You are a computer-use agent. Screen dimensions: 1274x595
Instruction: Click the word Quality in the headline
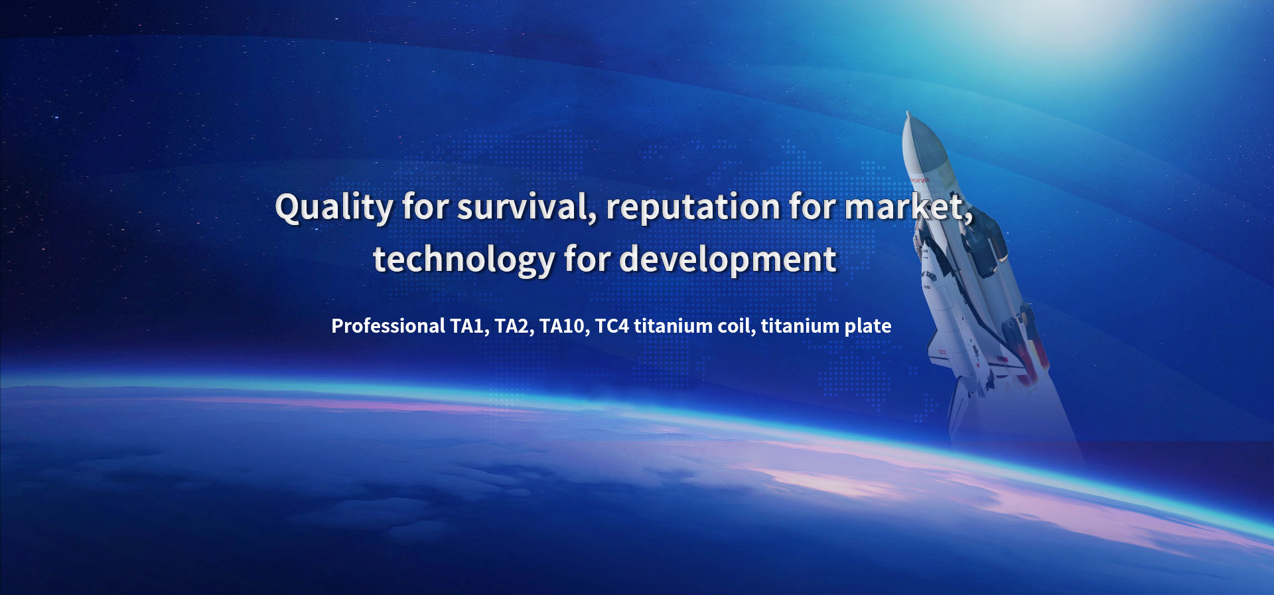point(334,208)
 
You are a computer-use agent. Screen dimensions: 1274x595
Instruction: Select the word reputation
point(693,208)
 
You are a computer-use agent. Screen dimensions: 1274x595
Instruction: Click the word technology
point(464,260)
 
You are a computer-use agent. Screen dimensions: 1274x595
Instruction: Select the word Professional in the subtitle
point(388,326)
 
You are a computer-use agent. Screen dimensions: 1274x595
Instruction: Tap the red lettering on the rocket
point(920,179)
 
